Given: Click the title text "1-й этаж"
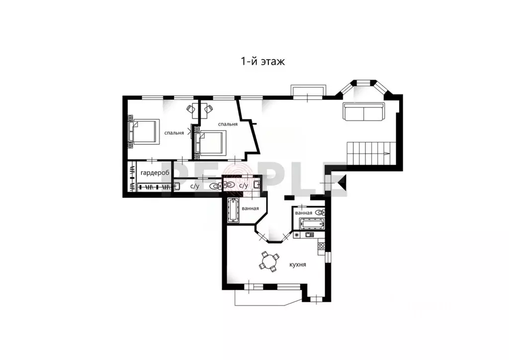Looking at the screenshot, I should (x=262, y=62).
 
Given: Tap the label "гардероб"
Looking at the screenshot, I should (x=155, y=173).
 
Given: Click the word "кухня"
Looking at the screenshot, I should (x=297, y=265).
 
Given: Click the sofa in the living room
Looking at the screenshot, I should (x=364, y=111).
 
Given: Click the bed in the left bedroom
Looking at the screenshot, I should (x=144, y=132).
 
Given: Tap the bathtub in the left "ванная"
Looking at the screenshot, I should (x=233, y=210).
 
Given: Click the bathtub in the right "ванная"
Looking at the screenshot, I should (x=308, y=223).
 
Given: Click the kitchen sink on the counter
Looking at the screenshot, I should (x=309, y=234).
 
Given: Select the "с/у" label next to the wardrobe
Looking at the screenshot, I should (x=194, y=186).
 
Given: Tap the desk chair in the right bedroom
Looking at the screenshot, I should (x=208, y=108).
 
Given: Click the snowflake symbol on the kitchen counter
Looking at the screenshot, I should (x=297, y=234).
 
